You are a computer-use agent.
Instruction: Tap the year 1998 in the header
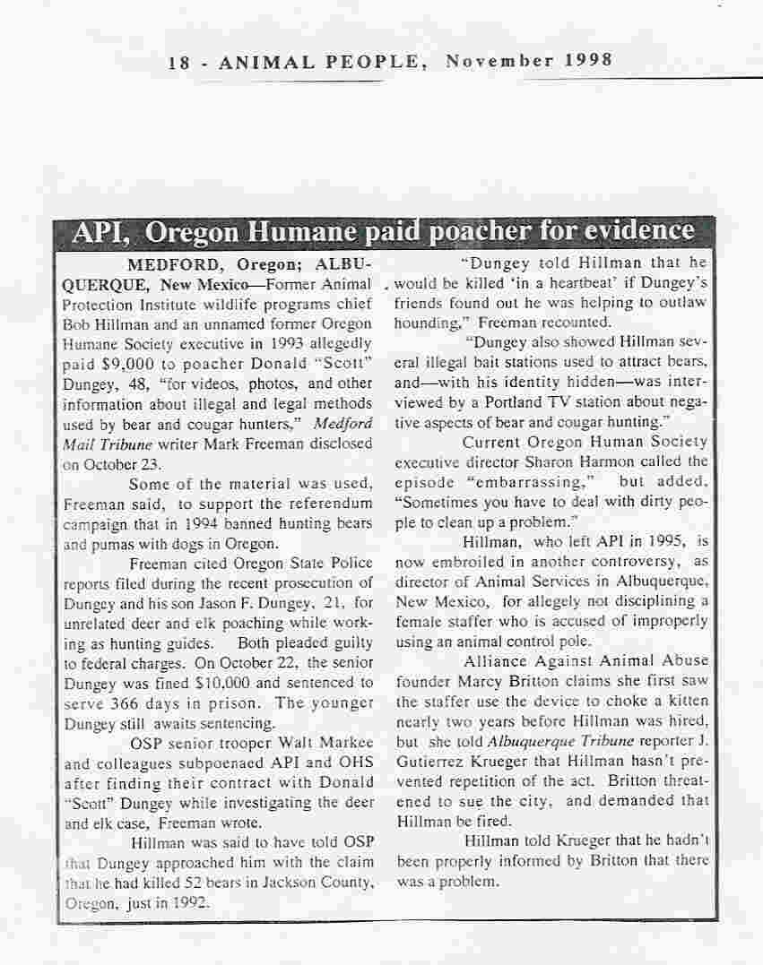(x=588, y=61)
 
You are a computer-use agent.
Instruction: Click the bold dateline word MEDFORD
(x=176, y=265)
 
